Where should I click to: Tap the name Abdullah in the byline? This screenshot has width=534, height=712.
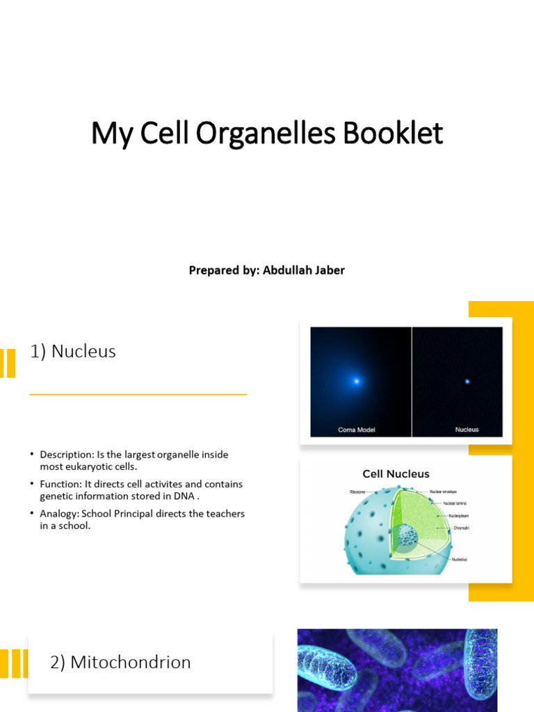[285, 270]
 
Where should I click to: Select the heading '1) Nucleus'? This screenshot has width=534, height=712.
[73, 352]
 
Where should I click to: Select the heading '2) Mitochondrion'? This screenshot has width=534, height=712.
[120, 662]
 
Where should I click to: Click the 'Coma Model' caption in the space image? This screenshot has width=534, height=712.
[356, 430]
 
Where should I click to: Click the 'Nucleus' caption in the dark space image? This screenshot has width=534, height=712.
[467, 430]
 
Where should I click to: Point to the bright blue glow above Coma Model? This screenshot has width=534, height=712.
[357, 380]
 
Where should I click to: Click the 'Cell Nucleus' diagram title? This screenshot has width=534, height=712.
[396, 474]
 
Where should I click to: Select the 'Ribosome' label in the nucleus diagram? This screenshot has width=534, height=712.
[357, 492]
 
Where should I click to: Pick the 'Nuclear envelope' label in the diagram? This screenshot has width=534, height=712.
[446, 492]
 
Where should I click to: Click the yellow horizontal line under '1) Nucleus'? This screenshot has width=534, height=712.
[138, 394]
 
